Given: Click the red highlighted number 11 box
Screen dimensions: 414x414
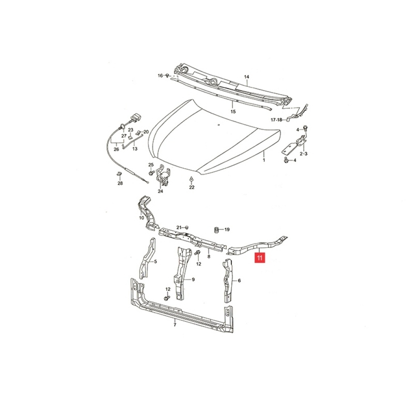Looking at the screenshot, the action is (260, 258).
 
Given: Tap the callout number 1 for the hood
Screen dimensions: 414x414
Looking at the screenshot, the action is (264, 160).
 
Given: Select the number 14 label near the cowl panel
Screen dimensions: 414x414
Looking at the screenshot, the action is (246, 77).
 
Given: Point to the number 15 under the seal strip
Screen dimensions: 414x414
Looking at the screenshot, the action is (233, 112).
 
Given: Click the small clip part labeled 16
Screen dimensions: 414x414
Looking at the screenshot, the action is (167, 76).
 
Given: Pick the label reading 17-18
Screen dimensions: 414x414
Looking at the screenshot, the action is (277, 120).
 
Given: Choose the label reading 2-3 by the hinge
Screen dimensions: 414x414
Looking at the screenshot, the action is (303, 154).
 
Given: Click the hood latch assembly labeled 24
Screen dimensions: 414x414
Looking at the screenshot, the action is (163, 175).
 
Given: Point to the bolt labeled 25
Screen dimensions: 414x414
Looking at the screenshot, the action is (152, 173).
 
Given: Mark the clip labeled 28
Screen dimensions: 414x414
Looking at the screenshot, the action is (119, 174).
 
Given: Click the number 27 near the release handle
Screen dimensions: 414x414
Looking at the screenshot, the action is (124, 136).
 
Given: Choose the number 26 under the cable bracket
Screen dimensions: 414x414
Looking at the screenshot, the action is (116, 149).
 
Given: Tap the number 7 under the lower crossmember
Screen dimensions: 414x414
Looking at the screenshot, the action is (175, 325).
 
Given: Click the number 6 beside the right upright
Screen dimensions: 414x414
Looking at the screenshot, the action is (239, 281).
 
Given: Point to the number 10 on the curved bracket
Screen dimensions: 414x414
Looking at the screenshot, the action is (142, 218).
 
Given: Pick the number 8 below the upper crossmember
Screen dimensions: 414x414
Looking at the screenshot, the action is (209, 256).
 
